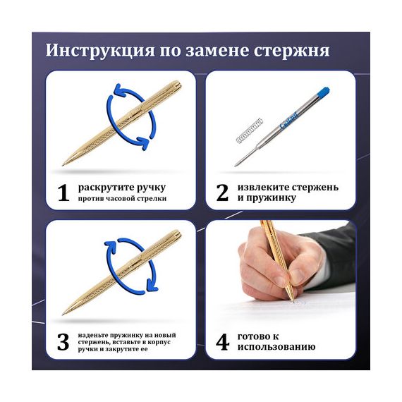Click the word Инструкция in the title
coord(100,51)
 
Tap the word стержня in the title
coord(291,51)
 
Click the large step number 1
coord(63,193)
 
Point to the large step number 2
coord(222,193)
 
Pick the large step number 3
coord(63,342)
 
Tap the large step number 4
coord(222,342)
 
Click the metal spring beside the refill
coord(249,131)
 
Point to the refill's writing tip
coord(236,164)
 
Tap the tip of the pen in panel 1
coord(63,164)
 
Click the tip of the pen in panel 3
coord(63,314)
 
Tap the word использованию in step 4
coord(276,347)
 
